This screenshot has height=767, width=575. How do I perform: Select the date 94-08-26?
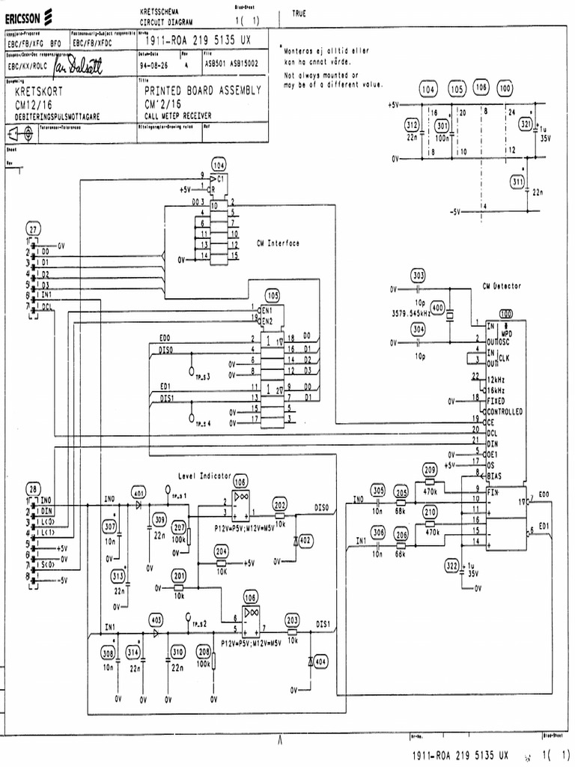pos(153,64)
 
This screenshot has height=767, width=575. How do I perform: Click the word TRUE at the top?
pos(299,13)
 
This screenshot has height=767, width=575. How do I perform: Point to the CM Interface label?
pos(278,243)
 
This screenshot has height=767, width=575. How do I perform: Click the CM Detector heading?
pos(502,285)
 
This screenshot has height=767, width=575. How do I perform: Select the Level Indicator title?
pos(204,476)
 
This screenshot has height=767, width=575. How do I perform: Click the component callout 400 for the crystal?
pos(437,309)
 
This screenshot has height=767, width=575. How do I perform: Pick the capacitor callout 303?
pos(418,275)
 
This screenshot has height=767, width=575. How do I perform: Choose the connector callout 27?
pos(34,228)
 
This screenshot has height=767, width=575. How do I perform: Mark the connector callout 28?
pos(34,485)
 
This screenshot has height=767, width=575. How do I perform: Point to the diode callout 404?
pos(320,662)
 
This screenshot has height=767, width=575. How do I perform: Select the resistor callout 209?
pos(430,470)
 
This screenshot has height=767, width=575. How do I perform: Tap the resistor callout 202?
pos(279,505)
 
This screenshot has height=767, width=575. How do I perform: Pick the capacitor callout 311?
pos(517,181)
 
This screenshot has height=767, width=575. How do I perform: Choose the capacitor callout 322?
pos(451,566)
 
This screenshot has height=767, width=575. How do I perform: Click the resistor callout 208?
pos(202,651)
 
